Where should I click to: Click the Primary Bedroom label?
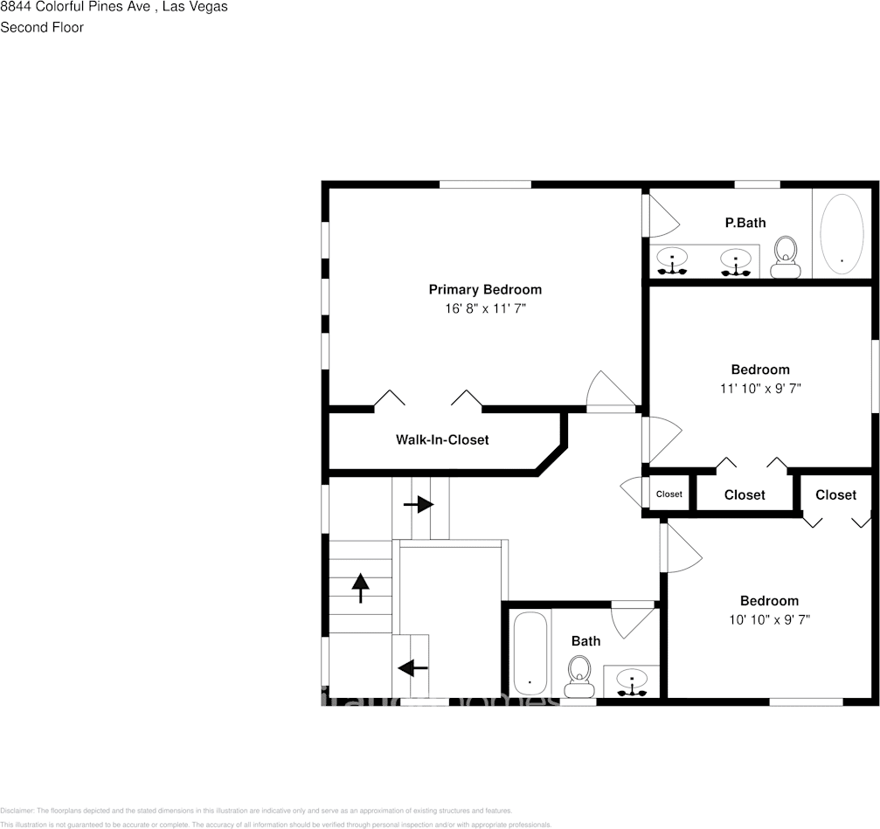click(x=484, y=289)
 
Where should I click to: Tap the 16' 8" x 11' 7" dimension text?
click(x=484, y=309)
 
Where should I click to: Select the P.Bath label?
click(x=745, y=223)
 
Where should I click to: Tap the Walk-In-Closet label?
click(x=442, y=439)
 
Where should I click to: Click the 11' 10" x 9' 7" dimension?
click(x=759, y=389)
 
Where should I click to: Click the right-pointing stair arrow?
click(x=419, y=505)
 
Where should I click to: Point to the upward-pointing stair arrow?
click(x=359, y=588)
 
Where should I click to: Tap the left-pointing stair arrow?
click(x=412, y=668)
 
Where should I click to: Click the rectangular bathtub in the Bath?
click(x=530, y=654)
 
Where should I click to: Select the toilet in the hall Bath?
click(x=578, y=676)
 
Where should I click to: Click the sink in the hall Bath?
click(x=631, y=681)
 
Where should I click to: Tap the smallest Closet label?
click(x=669, y=494)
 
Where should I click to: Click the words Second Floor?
click(x=42, y=27)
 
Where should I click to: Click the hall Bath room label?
click(x=586, y=641)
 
